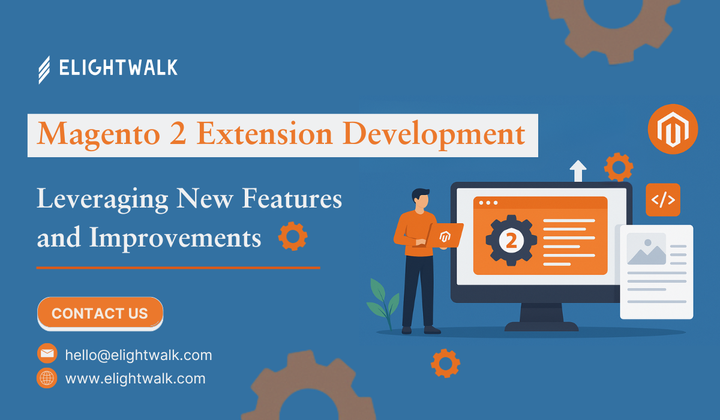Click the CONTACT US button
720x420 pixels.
(x=100, y=313)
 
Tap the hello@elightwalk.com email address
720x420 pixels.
(x=139, y=355)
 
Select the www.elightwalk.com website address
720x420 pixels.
(x=136, y=379)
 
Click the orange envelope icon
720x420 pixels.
(x=47, y=353)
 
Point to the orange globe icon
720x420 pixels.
(x=47, y=378)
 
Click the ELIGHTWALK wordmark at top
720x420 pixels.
(x=118, y=67)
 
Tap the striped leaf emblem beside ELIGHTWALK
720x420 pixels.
(x=44, y=70)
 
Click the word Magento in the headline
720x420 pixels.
(x=98, y=134)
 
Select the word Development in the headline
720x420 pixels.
(x=434, y=134)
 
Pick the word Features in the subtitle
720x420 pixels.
(x=292, y=199)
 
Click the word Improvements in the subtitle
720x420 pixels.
(x=175, y=238)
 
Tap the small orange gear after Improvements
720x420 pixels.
(x=293, y=236)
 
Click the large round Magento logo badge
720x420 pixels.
(x=673, y=129)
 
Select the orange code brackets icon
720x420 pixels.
(x=663, y=200)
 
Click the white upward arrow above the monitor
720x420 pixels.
(x=578, y=170)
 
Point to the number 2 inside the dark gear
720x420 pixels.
(x=511, y=241)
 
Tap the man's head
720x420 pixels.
(x=421, y=199)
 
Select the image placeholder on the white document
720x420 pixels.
(x=646, y=249)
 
